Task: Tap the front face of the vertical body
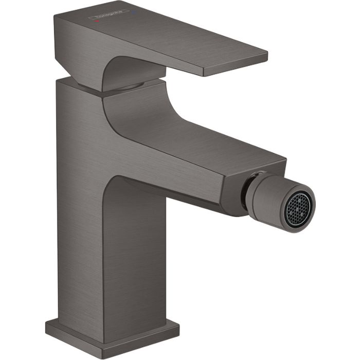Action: tap(139, 257)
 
